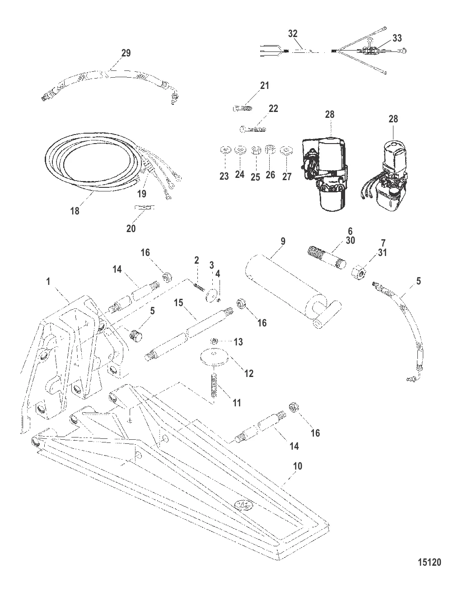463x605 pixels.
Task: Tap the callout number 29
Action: (x=126, y=53)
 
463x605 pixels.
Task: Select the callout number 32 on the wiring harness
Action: (x=293, y=33)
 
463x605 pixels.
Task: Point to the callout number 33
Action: (x=397, y=38)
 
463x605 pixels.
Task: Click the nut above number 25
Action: (x=255, y=150)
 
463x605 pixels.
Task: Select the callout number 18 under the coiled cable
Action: (x=75, y=210)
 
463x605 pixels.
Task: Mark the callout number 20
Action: (x=131, y=228)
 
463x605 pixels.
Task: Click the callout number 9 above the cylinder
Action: (x=283, y=241)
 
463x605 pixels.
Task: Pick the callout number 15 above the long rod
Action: (x=179, y=302)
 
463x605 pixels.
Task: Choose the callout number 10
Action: (x=297, y=465)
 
